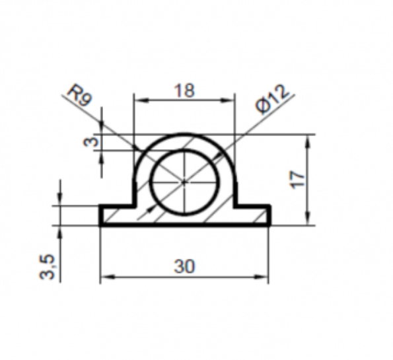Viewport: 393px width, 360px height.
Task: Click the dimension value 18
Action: pyautogui.click(x=184, y=90)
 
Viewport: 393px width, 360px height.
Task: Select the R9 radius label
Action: pyautogui.click(x=80, y=96)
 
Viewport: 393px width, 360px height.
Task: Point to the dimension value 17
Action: pyautogui.click(x=297, y=179)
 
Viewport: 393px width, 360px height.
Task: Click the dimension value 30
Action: pyautogui.click(x=184, y=266)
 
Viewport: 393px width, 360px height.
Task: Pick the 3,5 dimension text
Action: pyautogui.click(x=47, y=267)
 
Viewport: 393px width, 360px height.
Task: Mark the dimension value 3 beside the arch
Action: pyautogui.click(x=90, y=142)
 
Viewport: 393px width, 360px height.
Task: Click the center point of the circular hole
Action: pyautogui.click(x=184, y=182)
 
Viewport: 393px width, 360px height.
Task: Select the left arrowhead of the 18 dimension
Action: pyautogui.click(x=141, y=100)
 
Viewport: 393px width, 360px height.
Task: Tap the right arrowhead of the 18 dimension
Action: pyautogui.click(x=228, y=100)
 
